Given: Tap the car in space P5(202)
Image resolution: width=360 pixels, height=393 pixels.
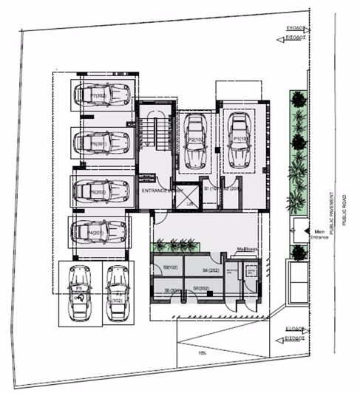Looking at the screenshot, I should [102, 190].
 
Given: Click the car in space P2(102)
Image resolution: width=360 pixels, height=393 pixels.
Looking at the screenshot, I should [196, 141].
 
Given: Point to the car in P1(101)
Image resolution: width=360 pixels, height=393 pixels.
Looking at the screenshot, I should [240, 140].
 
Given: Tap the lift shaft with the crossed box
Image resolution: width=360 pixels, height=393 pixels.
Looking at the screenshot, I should [190, 195].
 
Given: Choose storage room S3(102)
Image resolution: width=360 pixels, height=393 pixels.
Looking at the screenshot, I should [166, 267].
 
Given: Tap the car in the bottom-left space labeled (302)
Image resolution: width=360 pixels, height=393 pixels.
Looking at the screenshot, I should [115, 293].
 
